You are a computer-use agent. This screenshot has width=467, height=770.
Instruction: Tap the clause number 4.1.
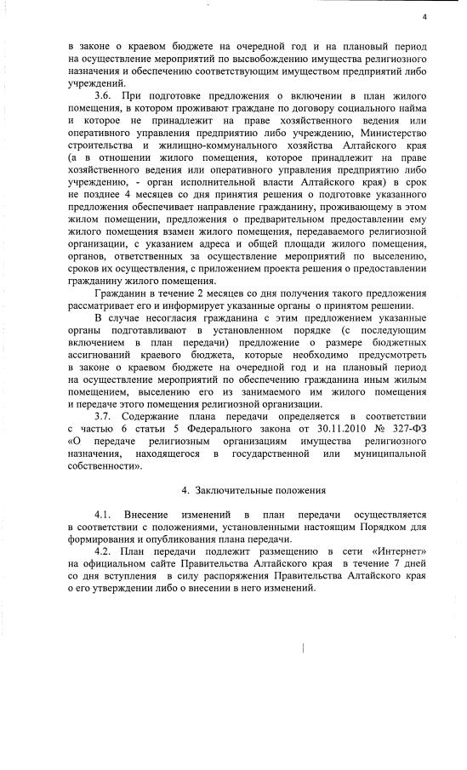pos(104,516)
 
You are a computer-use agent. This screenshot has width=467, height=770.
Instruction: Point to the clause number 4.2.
pos(104,551)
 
